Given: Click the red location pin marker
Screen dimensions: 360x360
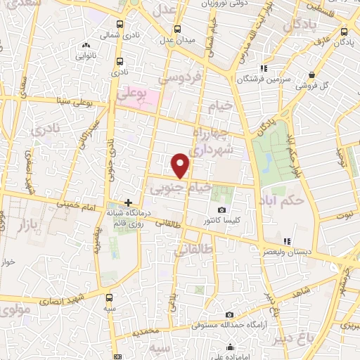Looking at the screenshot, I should (x=181, y=165).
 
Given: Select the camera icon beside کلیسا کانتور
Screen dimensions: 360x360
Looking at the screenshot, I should (x=222, y=210).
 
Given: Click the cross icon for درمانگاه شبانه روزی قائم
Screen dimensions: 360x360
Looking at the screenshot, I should (x=128, y=202).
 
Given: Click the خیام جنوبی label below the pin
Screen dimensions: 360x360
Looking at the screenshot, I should (x=181, y=188).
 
